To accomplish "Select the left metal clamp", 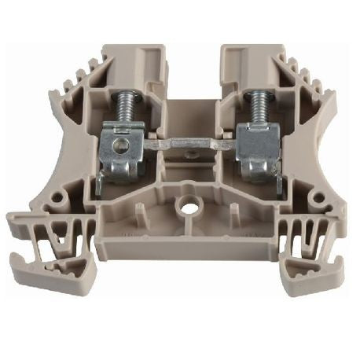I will [124, 153].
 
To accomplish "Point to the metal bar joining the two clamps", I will [189, 146].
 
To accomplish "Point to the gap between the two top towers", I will [193, 71].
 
